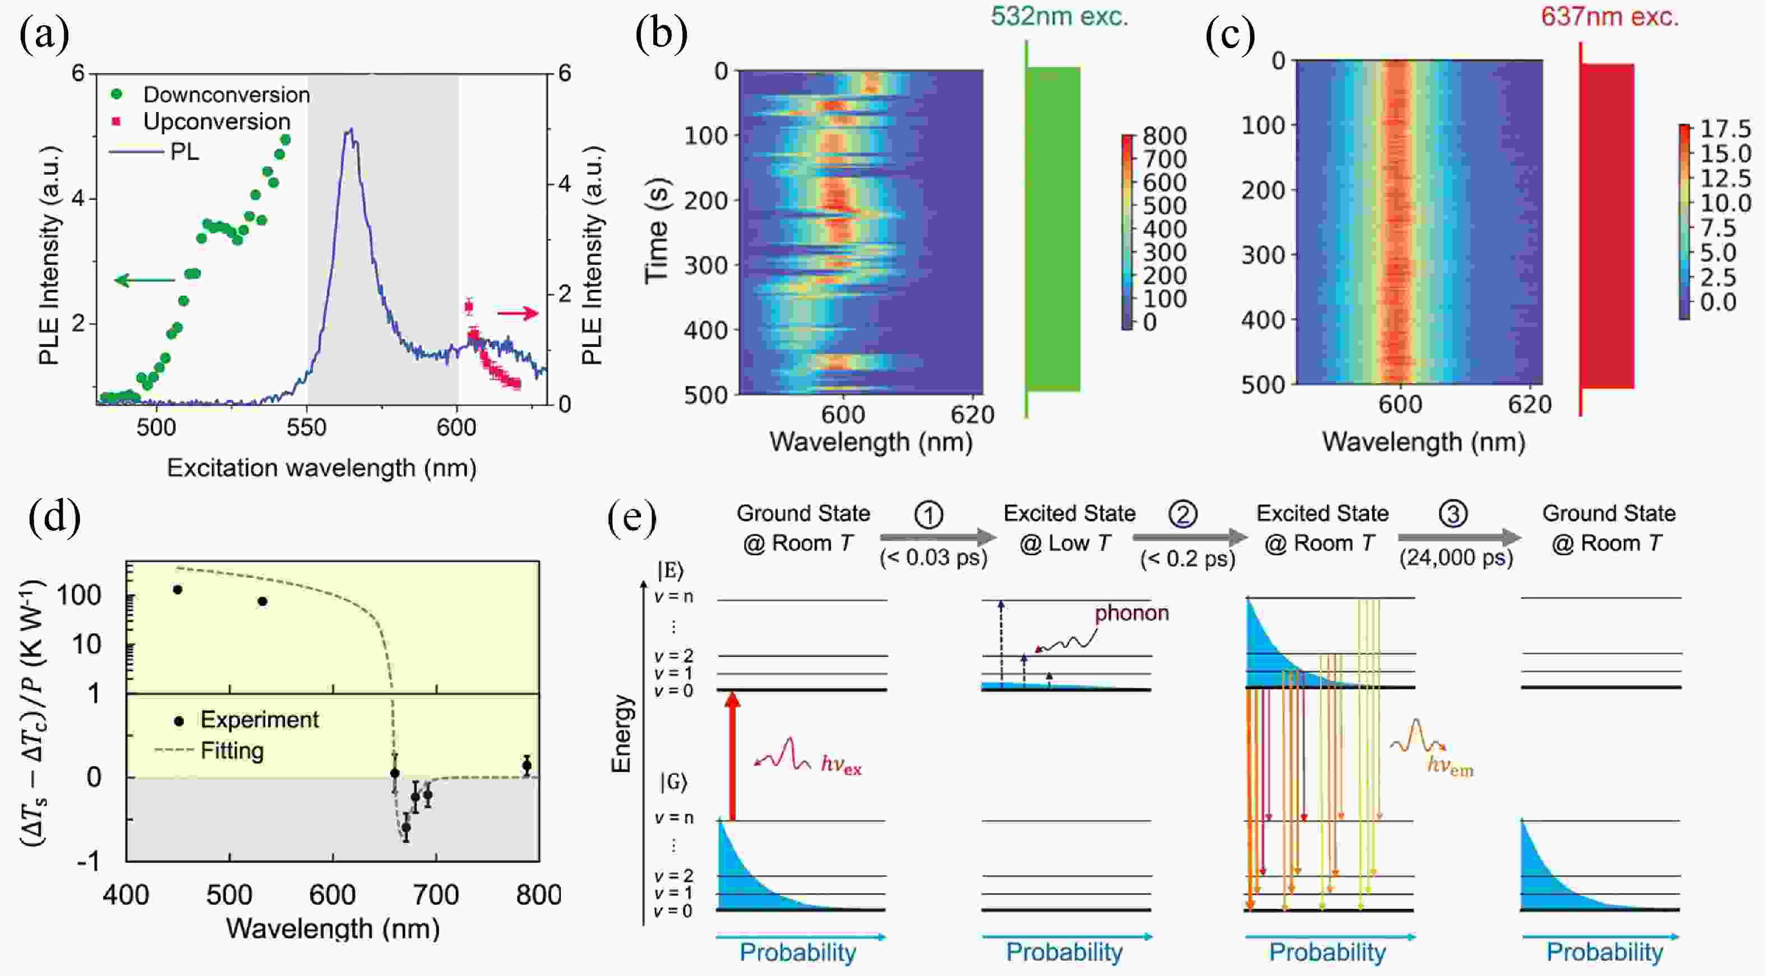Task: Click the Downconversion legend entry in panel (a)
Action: click(226, 95)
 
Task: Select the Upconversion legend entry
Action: click(216, 122)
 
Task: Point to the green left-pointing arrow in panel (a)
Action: click(145, 279)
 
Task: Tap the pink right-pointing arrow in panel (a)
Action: click(518, 314)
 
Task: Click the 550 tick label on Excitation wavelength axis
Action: click(306, 428)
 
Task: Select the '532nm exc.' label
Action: click(1058, 16)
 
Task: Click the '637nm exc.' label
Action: click(1609, 16)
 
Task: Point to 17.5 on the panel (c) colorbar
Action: click(1725, 129)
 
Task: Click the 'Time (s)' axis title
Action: click(656, 231)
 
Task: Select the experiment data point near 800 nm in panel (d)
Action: click(526, 765)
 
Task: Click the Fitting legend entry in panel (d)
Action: click(231, 751)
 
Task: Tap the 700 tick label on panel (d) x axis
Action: click(436, 894)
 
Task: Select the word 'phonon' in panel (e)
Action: click(1131, 613)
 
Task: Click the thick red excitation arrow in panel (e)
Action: click(732, 757)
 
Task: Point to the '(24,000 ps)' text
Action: click(1455, 558)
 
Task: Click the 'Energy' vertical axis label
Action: click(621, 734)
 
